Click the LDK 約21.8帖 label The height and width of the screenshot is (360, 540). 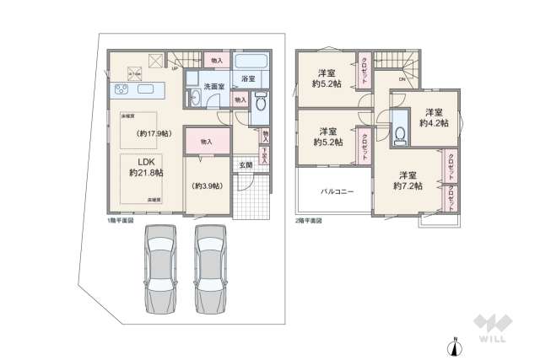tap(146, 166)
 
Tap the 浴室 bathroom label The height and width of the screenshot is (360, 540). tap(248, 79)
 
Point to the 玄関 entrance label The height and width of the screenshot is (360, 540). tap(246, 165)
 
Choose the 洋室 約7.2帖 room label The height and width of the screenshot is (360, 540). tap(408, 180)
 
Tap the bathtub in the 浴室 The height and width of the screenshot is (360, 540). tap(249, 64)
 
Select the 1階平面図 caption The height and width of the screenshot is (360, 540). tap(120, 221)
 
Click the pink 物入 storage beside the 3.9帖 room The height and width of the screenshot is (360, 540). tap(207, 142)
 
